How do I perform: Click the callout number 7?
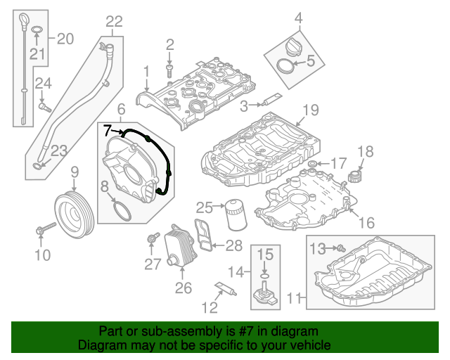pyautogui.click(x=108, y=130)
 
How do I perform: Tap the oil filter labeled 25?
pyautogui.click(x=234, y=214)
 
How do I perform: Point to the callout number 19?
pyautogui.click(x=310, y=110)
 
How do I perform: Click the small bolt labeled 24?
pyautogui.click(x=45, y=107)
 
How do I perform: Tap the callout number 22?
pyautogui.click(x=113, y=22)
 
